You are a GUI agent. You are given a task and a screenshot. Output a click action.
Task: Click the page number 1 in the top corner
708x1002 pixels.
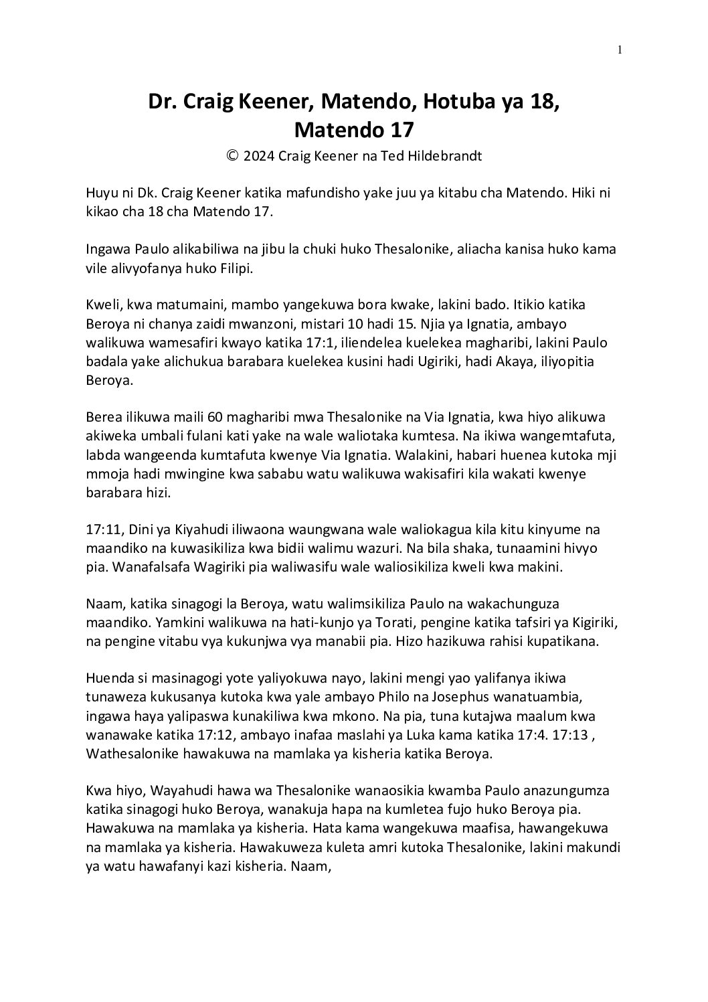pos(620,49)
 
